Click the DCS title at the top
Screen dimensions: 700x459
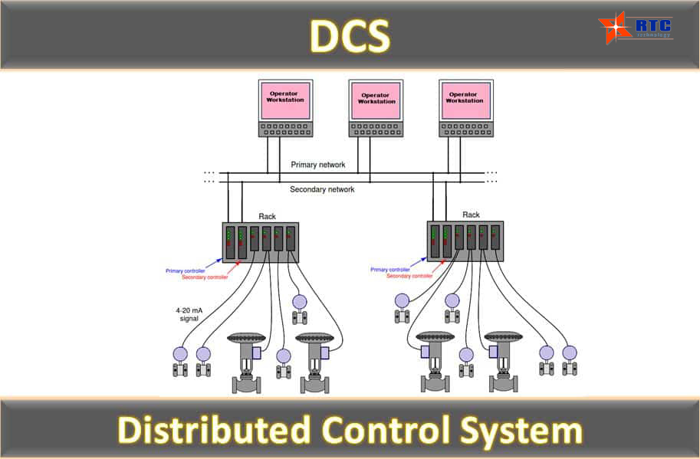[x=350, y=36]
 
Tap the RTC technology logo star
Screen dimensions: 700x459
[x=615, y=28]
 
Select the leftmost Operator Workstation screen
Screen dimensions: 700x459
[x=285, y=100]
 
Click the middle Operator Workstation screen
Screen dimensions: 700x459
[x=376, y=101]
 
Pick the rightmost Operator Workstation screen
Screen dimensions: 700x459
[x=466, y=100]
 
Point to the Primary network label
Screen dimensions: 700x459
[x=318, y=165]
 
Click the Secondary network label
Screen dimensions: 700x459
[x=322, y=189]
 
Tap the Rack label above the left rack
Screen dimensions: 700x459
[x=267, y=216]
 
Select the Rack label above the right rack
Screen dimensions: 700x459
[x=471, y=215]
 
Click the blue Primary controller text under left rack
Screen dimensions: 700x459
[x=186, y=270]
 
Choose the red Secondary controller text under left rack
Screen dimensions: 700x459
[x=205, y=277]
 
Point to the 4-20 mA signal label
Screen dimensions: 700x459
[x=189, y=314]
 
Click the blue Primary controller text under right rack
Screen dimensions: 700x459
[x=390, y=270]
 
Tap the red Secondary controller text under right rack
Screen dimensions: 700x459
[x=410, y=276]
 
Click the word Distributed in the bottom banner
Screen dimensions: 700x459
[x=214, y=430]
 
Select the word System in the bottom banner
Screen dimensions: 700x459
[x=521, y=431]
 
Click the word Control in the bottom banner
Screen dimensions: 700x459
[x=386, y=430]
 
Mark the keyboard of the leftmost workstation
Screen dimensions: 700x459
[x=286, y=130]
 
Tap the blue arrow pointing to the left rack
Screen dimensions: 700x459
[x=214, y=263]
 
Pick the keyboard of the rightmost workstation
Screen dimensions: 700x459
[x=466, y=130]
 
